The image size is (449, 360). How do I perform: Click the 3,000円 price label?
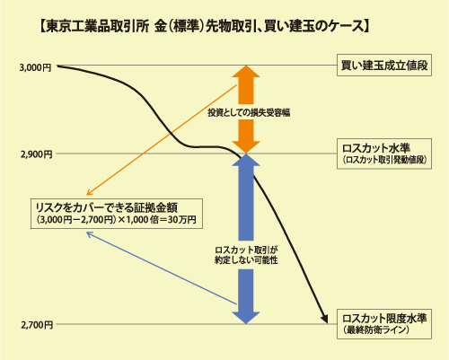click(x=35, y=67)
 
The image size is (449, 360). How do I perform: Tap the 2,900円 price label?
click(x=37, y=154)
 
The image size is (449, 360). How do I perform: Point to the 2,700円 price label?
click(x=37, y=325)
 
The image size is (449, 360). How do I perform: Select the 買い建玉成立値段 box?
click(x=384, y=65)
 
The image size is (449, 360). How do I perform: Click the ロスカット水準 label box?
click(x=384, y=154)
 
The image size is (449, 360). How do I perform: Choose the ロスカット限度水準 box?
click(x=384, y=324)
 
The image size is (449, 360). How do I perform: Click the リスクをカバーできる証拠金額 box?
click(x=117, y=214)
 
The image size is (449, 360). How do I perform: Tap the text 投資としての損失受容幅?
click(x=249, y=112)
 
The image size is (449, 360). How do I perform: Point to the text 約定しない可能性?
click(x=246, y=260)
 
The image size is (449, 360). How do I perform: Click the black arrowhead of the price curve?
click(x=324, y=319)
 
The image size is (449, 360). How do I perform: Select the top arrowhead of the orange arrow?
click(x=246, y=71)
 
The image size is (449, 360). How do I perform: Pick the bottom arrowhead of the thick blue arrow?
click(x=246, y=318)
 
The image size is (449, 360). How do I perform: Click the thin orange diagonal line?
click(x=162, y=140)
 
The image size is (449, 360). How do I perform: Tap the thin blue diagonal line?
click(x=162, y=268)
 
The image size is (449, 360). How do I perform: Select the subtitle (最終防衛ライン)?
click(x=376, y=329)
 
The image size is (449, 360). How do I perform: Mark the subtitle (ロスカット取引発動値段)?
click(x=384, y=160)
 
